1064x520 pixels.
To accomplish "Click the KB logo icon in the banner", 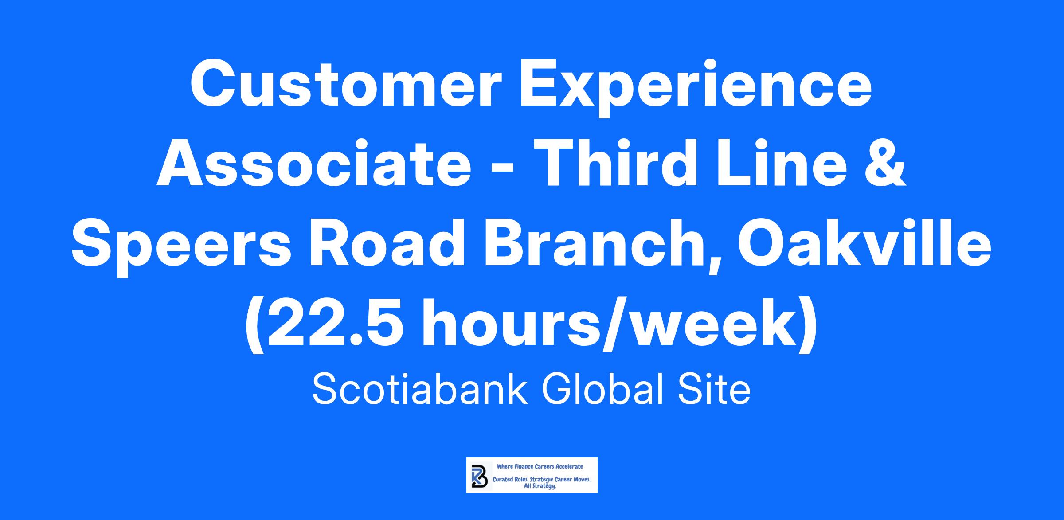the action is (479, 476).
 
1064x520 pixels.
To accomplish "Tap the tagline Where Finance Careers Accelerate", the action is (540, 466).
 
